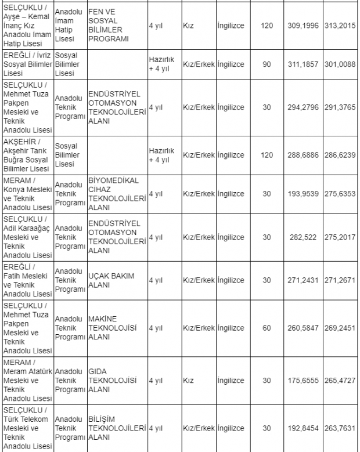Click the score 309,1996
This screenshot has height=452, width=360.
[x=303, y=26]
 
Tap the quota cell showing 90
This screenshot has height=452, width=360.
[x=267, y=64]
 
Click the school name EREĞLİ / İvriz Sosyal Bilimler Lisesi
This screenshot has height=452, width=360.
[x=27, y=64]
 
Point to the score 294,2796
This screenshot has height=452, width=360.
[x=303, y=107]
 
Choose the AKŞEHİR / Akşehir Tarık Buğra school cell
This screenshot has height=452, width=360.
[x=27, y=154]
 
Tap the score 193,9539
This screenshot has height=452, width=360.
[x=303, y=193]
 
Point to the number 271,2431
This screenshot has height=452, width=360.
[x=303, y=280]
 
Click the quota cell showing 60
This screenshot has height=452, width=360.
[x=267, y=328]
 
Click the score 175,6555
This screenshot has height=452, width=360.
[x=303, y=380]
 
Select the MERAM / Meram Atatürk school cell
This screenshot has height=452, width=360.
[x=27, y=380]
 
